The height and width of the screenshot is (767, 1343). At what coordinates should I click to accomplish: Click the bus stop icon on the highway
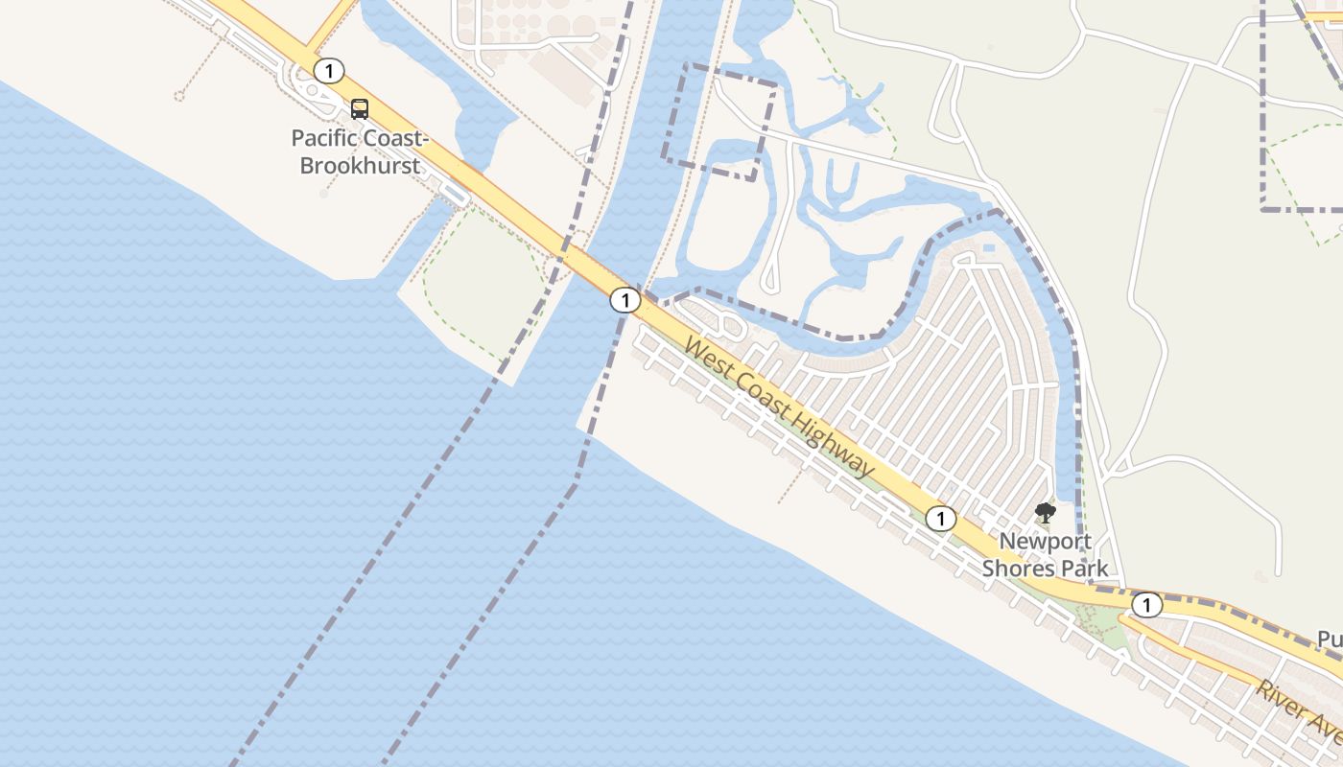click(x=359, y=109)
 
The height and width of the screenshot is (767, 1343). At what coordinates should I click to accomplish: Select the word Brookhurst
click(x=360, y=165)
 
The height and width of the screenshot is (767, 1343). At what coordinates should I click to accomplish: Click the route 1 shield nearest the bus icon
click(x=329, y=70)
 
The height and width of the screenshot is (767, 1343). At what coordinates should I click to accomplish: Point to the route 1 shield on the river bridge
click(x=624, y=301)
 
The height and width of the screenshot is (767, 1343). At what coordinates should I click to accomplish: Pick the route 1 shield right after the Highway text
click(x=940, y=519)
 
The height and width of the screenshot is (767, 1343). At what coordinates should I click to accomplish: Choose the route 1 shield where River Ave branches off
click(x=1145, y=605)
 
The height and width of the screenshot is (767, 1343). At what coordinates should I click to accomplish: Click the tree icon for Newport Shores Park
click(x=1046, y=513)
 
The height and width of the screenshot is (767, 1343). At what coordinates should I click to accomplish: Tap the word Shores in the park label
click(x=1017, y=568)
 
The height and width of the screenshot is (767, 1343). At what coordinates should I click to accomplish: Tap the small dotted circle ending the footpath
click(x=179, y=95)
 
